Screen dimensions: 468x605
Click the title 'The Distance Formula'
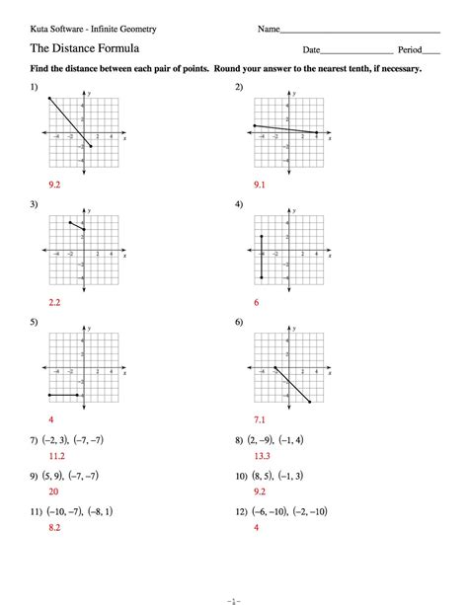click(84, 48)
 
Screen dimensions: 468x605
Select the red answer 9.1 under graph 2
click(259, 185)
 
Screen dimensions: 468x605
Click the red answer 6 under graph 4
click(256, 302)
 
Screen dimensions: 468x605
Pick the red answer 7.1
click(259, 419)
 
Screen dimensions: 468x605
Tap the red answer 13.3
click(261, 457)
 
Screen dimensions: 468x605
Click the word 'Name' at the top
click(270, 30)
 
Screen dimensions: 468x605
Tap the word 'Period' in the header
click(410, 49)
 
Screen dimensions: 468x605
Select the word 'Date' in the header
click(312, 49)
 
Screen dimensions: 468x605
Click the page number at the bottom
click(234, 596)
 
